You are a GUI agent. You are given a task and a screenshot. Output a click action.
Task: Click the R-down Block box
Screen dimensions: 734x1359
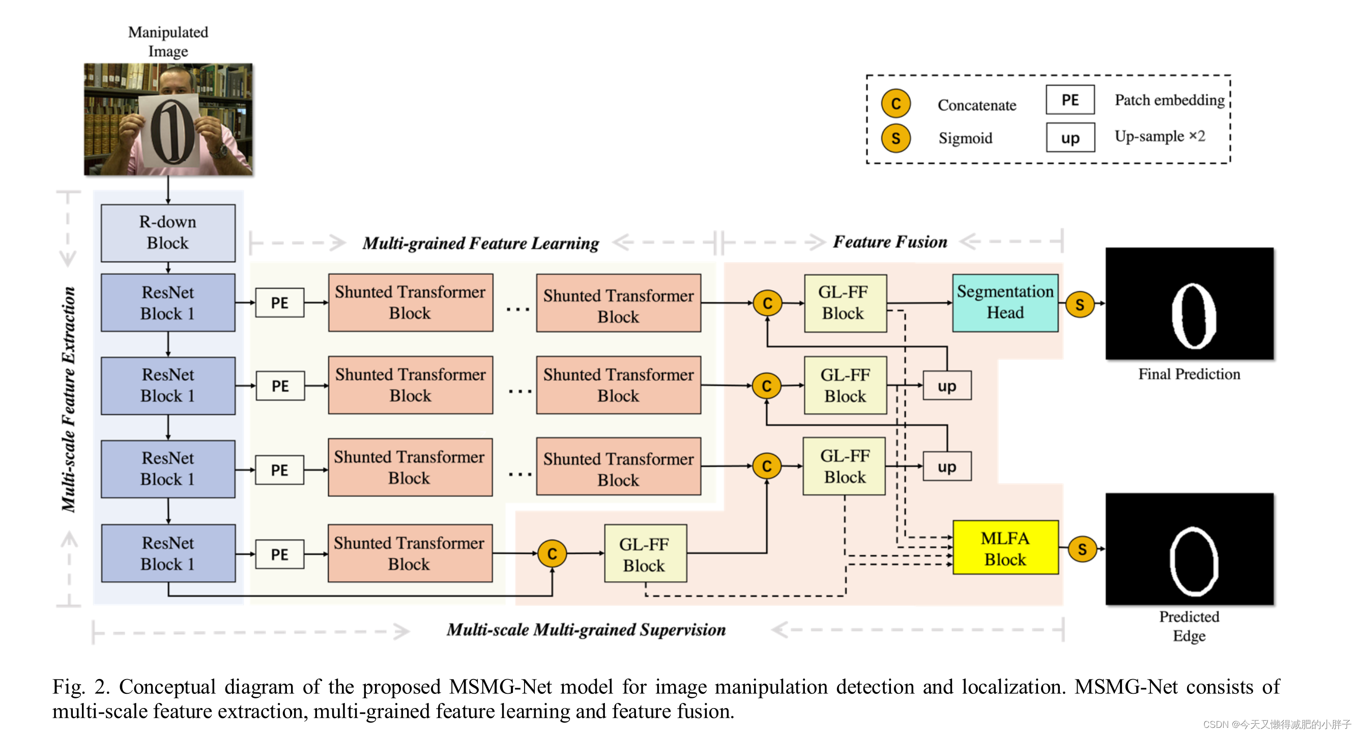(x=168, y=233)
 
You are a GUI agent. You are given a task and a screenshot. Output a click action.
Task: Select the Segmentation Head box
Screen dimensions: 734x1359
(x=1004, y=302)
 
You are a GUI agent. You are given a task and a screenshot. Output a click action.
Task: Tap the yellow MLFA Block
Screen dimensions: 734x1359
(x=1004, y=548)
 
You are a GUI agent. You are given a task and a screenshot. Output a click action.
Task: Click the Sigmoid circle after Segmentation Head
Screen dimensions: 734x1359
(x=1079, y=304)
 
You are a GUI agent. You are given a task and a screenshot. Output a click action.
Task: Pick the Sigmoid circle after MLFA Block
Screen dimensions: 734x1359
(x=1082, y=549)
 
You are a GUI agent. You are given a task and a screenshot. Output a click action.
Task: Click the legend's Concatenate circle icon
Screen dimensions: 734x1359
(x=895, y=103)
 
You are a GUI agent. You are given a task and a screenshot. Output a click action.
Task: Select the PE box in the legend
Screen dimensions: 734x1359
(x=1069, y=100)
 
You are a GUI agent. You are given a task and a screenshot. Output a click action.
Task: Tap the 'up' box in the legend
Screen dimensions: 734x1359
(x=1069, y=138)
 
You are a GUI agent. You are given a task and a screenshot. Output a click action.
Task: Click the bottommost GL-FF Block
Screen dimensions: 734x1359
(x=645, y=553)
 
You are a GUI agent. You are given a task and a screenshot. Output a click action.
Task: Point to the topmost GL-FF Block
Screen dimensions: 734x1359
(x=845, y=303)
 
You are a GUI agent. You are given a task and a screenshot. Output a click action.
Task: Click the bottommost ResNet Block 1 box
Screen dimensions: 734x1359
(x=168, y=552)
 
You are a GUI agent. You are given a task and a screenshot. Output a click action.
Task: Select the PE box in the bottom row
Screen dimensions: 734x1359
(x=280, y=554)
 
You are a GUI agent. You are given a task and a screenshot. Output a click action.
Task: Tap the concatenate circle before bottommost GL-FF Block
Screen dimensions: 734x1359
(x=552, y=553)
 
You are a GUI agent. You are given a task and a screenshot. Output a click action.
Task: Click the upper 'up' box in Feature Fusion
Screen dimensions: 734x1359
(x=946, y=386)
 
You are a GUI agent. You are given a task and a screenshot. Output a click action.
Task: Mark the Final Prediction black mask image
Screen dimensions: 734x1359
(x=1189, y=304)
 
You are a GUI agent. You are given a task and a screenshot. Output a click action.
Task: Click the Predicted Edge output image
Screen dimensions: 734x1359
(x=1189, y=549)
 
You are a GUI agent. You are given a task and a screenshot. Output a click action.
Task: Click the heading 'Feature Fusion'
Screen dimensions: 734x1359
(x=889, y=242)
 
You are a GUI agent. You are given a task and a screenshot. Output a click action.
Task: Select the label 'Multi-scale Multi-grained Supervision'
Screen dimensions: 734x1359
(x=586, y=630)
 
